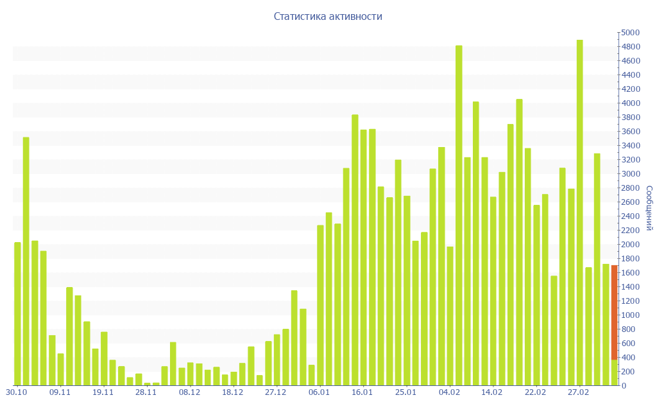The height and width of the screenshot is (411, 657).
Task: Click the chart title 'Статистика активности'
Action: (x=328, y=16)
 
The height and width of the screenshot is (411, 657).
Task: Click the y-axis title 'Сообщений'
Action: (x=649, y=208)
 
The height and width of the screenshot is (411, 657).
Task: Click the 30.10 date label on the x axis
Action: (x=17, y=392)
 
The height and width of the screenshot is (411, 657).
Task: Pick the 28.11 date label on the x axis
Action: (x=146, y=392)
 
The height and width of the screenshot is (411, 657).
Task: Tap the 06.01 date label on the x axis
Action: (x=320, y=392)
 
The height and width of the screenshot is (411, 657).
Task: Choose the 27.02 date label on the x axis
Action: (x=579, y=392)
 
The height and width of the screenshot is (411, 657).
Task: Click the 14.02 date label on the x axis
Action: (x=493, y=392)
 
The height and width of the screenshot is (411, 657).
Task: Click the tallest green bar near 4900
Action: (x=579, y=212)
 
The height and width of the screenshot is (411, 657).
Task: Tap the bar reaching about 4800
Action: (x=459, y=215)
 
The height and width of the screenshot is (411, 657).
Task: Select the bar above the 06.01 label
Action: (x=320, y=305)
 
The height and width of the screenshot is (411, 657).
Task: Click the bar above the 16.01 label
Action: (x=363, y=258)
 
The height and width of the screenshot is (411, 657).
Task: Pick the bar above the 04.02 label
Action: (x=450, y=315)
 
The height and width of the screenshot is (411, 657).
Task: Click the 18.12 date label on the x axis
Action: (x=233, y=392)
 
